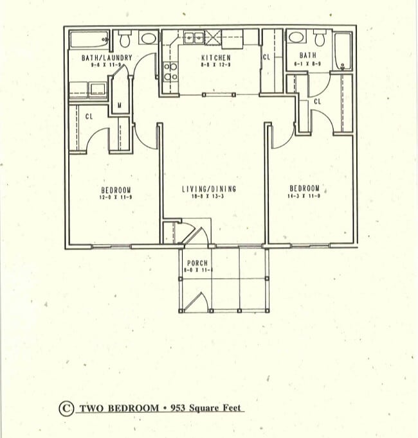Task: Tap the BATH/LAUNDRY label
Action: [x=107, y=58]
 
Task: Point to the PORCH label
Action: [x=197, y=264]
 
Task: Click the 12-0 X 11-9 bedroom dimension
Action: [x=115, y=197]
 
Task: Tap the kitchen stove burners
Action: [x=170, y=72]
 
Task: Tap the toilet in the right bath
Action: [x=296, y=38]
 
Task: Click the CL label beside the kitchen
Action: [x=267, y=58]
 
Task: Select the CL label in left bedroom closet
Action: [x=89, y=116]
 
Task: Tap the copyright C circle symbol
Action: [x=66, y=408]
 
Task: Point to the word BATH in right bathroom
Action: [x=308, y=56]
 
